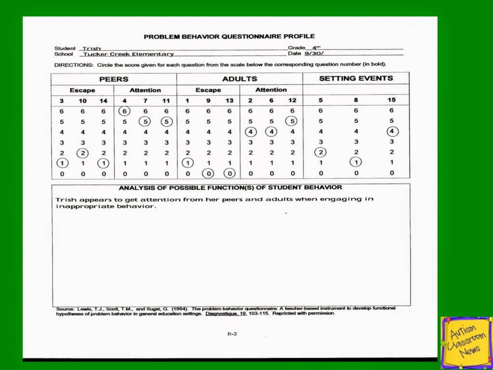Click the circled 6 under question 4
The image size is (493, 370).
click(x=125, y=111)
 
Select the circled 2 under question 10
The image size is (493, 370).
click(x=82, y=153)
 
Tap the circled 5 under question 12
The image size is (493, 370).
click(x=292, y=121)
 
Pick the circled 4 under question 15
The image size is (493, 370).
click(x=392, y=131)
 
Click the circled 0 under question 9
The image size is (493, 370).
click(x=208, y=173)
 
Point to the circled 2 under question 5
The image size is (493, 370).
click(x=321, y=153)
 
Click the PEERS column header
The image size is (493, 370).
click(x=114, y=79)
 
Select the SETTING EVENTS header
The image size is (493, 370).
click(x=356, y=78)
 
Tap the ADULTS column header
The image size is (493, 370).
click(x=239, y=79)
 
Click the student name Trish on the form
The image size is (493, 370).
click(x=91, y=49)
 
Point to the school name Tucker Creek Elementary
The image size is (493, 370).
click(x=129, y=54)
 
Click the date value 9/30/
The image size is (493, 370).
click(x=310, y=53)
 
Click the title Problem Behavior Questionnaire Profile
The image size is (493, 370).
click(x=229, y=37)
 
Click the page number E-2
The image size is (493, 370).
click(x=232, y=333)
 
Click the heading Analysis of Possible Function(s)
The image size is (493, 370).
click(x=231, y=187)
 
